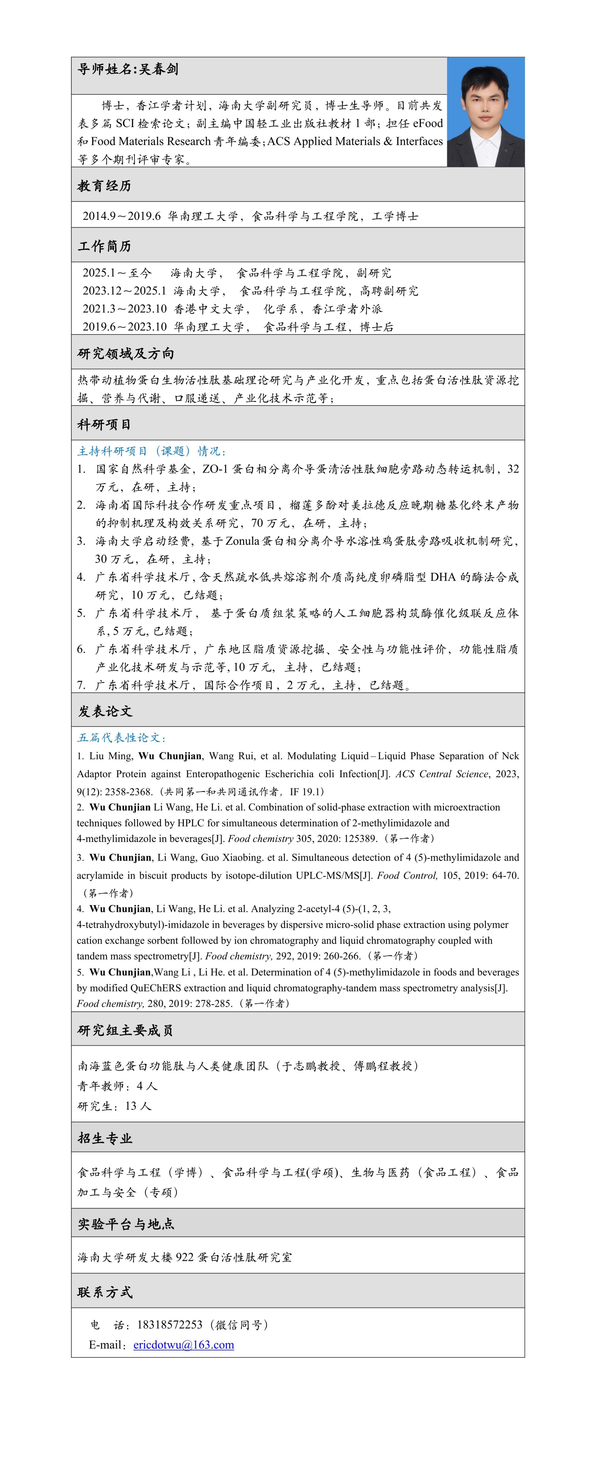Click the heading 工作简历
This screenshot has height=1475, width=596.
(x=104, y=246)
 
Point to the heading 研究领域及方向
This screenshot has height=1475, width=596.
(x=125, y=353)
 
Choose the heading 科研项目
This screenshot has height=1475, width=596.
(x=104, y=424)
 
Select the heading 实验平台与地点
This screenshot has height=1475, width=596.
(x=126, y=1224)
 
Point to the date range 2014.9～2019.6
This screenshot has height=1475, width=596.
(x=121, y=216)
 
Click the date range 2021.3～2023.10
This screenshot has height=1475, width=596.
(x=124, y=309)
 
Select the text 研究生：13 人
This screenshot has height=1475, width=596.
(x=114, y=1106)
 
